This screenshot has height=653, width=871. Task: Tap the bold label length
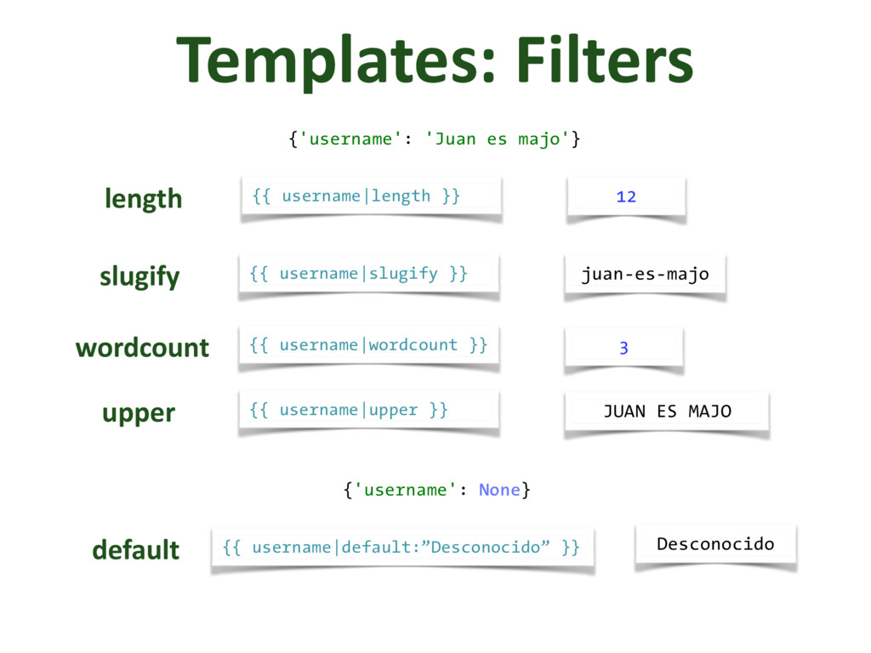(x=143, y=199)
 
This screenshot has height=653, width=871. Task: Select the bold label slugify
(x=139, y=276)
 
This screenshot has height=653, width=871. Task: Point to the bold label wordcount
(x=142, y=347)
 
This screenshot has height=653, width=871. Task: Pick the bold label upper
(x=139, y=412)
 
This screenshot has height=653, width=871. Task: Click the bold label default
(x=135, y=549)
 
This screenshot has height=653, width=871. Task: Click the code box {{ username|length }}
(x=371, y=196)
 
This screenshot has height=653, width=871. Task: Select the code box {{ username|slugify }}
(x=368, y=274)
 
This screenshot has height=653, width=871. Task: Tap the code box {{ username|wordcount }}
(x=368, y=345)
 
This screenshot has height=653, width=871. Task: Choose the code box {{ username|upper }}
(x=368, y=410)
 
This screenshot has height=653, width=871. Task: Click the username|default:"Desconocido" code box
(x=401, y=547)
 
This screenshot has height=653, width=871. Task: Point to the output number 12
(x=626, y=197)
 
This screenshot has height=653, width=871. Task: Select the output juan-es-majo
(x=645, y=275)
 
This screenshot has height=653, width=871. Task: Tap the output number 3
(x=623, y=348)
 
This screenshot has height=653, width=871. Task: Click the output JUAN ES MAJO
(x=667, y=412)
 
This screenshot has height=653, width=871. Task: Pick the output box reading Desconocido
(x=715, y=543)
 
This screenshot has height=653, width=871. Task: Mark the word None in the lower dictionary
(x=499, y=490)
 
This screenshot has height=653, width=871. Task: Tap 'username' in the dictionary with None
(x=412, y=490)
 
